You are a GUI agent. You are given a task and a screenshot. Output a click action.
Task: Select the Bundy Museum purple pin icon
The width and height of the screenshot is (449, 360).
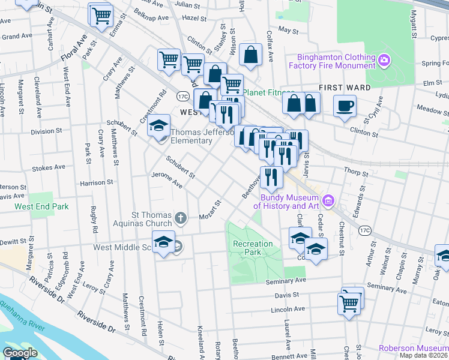pyautogui.click(x=328, y=200)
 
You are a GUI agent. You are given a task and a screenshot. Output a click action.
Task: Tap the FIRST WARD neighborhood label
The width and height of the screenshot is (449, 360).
pyautogui.click(x=345, y=88)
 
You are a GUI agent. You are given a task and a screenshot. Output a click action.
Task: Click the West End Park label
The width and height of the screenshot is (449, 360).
pyautogui.click(x=42, y=206)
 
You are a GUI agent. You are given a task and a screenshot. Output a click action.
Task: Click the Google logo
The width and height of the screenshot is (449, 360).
pyautogui.click(x=19, y=353)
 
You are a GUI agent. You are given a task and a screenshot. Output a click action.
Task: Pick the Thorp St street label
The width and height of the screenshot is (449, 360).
pyautogui.click(x=356, y=173)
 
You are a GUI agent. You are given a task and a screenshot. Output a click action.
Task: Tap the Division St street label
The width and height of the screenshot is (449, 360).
pyautogui.click(x=50, y=131)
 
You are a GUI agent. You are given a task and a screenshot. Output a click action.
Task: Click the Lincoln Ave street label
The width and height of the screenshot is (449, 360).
pyautogui.click(x=288, y=310)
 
